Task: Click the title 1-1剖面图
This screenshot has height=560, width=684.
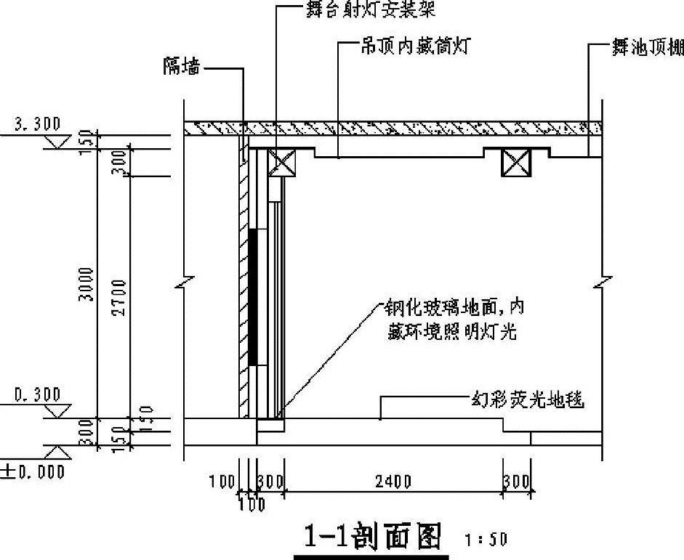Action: point(371,537)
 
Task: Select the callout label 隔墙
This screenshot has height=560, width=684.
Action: point(182,68)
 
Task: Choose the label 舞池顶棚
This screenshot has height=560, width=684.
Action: point(646,49)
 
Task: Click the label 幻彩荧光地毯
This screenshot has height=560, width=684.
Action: point(527,399)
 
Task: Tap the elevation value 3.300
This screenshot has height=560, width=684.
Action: point(38,124)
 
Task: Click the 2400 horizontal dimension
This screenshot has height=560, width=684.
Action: point(393,481)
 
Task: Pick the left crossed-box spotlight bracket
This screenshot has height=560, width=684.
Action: point(281,162)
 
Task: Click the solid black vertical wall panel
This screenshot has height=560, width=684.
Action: point(252,296)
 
